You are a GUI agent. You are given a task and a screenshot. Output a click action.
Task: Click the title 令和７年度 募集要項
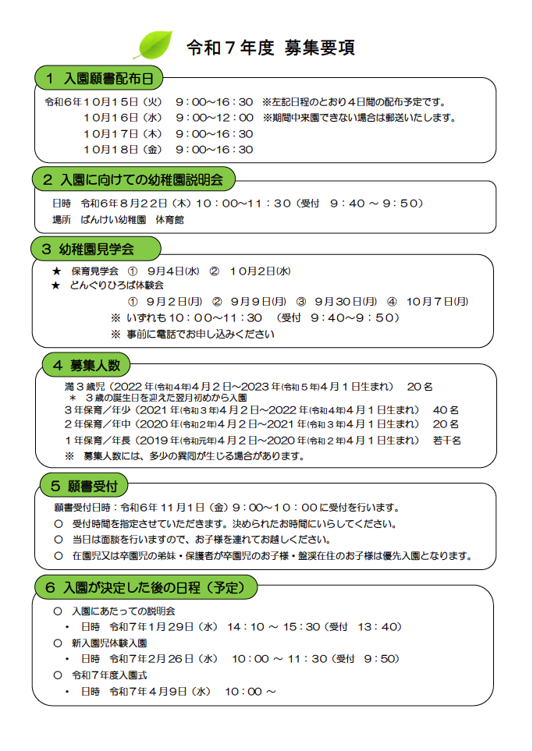click(271, 48)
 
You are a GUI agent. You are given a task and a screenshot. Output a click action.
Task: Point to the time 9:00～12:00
click(214, 118)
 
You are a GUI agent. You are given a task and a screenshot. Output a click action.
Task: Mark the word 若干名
click(447, 440)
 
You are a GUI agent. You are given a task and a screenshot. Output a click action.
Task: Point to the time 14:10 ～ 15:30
click(274, 626)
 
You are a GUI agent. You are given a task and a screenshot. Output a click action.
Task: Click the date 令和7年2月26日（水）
click(163, 658)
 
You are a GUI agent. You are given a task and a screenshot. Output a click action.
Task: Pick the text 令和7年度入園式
click(109, 675)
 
